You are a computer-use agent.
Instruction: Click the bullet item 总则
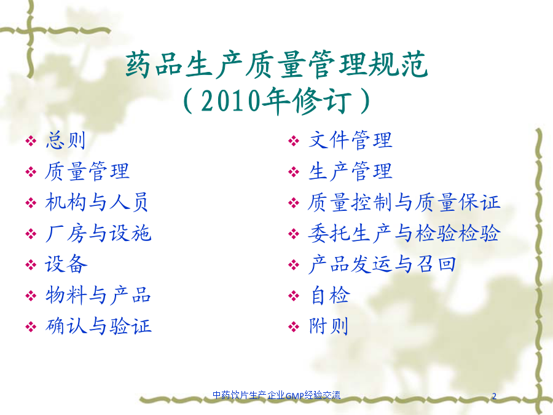[66, 140]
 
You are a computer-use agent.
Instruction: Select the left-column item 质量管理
[87, 172]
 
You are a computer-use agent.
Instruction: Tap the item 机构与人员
[96, 202]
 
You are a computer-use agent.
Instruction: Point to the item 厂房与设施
[98, 233]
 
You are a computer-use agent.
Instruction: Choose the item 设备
[66, 264]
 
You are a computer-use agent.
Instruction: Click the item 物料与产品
[98, 295]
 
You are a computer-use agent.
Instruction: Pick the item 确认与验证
[98, 326]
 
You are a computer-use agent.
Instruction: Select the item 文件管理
[350, 140]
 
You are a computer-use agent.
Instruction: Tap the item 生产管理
[350, 172]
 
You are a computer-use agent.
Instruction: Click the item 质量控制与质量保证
[404, 202]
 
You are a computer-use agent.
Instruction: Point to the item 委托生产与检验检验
[404, 233]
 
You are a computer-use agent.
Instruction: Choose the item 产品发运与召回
[382, 264]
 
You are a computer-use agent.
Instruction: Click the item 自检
[330, 295]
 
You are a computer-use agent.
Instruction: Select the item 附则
[328, 326]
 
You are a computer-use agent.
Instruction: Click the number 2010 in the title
[230, 101]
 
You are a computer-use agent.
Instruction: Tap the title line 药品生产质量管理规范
[276, 65]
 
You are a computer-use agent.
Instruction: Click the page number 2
[494, 395]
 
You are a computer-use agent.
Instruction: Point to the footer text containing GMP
[276, 395]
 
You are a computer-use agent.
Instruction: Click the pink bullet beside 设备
[31, 264]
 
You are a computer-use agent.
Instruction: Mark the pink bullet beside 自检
[294, 296]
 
